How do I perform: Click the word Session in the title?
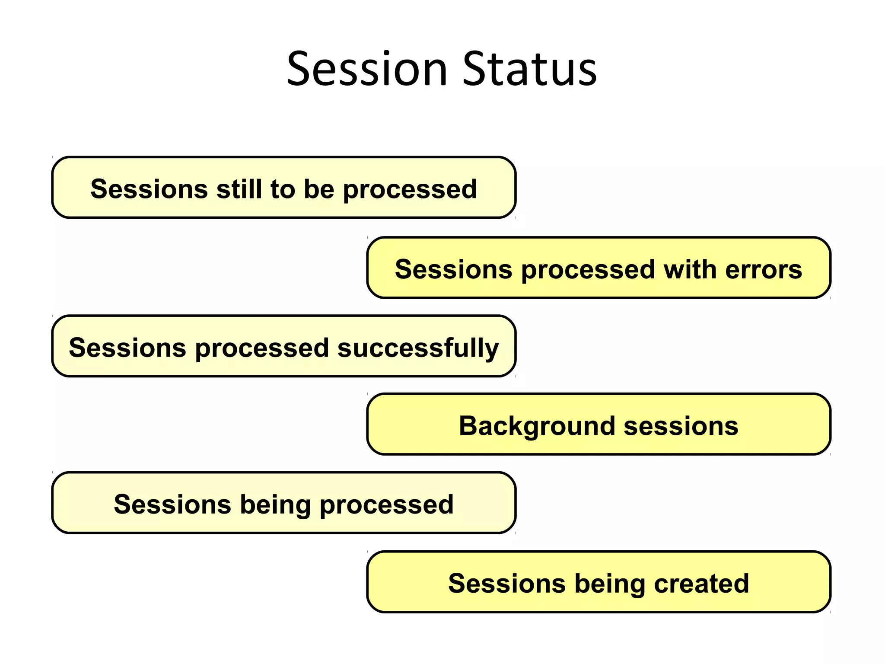367,69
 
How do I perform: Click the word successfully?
418,348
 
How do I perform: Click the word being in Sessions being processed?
275,504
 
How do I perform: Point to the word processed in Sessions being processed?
386,504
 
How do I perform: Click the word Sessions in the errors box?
453,269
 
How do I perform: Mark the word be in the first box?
318,189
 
